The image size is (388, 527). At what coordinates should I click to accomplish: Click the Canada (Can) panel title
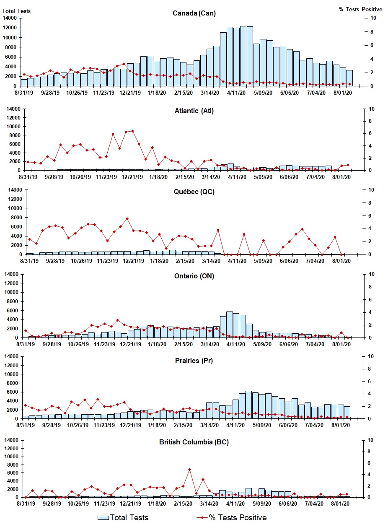click(194, 13)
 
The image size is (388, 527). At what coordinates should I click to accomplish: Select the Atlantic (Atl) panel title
click(194, 111)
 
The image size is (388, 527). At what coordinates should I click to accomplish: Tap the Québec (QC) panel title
click(194, 192)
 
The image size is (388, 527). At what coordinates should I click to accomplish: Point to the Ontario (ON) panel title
click(194, 276)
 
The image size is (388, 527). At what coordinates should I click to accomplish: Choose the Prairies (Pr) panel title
click(194, 361)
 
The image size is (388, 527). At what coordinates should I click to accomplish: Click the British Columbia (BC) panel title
click(194, 442)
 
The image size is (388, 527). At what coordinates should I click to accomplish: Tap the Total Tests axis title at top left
click(16, 11)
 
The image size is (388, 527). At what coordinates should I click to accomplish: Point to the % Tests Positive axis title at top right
click(360, 9)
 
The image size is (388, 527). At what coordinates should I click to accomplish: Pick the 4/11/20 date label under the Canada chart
click(236, 93)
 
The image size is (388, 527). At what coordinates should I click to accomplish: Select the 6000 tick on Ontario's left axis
click(11, 311)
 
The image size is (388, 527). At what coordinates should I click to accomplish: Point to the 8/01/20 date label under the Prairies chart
click(341, 425)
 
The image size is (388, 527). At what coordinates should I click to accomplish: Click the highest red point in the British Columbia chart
click(189, 469)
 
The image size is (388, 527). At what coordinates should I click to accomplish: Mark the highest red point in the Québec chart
click(127, 218)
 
